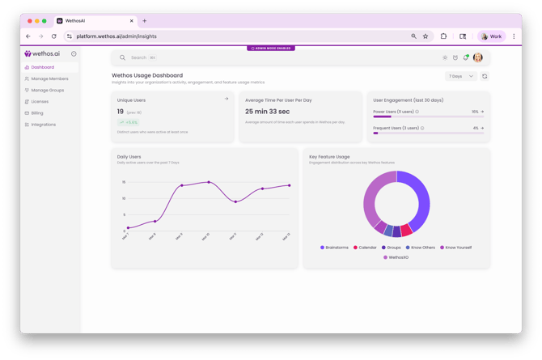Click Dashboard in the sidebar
click(42, 67)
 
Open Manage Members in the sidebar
click(49, 78)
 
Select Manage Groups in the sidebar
click(47, 90)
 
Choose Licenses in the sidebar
click(40, 102)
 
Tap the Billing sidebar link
click(37, 113)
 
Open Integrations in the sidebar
click(44, 125)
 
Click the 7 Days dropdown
click(460, 76)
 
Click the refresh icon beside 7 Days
click(485, 76)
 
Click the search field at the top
click(243, 57)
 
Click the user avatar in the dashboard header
click(478, 57)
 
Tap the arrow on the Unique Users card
click(227, 100)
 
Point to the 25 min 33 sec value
click(267, 112)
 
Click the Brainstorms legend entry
click(334, 248)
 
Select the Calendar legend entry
click(365, 248)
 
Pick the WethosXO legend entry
click(396, 257)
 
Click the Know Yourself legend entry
click(455, 248)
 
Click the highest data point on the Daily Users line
click(209, 182)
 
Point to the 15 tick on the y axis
click(124, 182)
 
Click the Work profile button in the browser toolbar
click(492, 36)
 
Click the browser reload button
click(54, 36)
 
